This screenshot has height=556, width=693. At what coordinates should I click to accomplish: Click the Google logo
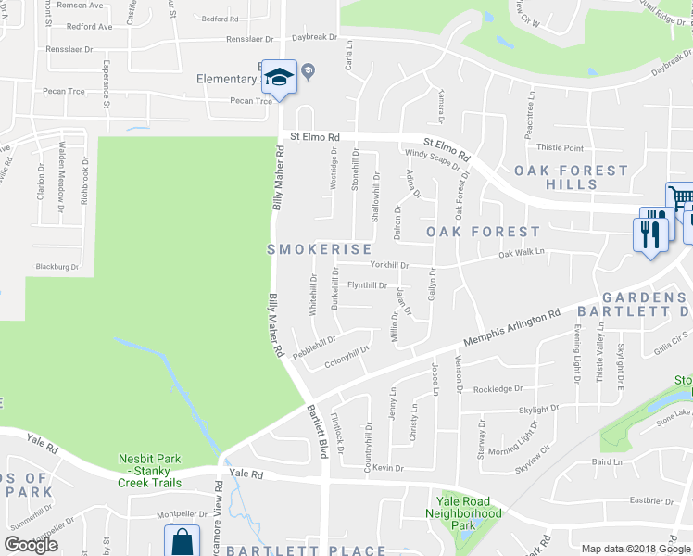[31, 544]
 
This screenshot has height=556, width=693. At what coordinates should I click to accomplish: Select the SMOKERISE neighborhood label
[320, 249]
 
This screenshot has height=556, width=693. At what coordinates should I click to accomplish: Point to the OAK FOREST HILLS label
[570, 177]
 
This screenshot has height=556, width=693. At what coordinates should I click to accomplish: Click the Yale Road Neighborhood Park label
[462, 513]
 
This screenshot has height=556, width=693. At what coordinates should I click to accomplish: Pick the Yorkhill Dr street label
[389, 265]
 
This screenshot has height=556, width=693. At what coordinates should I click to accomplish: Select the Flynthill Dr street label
[366, 285]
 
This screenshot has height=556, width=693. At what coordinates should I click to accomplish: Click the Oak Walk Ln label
[522, 252]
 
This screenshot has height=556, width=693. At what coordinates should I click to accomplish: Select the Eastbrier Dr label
[651, 500]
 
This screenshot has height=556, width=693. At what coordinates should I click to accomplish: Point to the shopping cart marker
[680, 196]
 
